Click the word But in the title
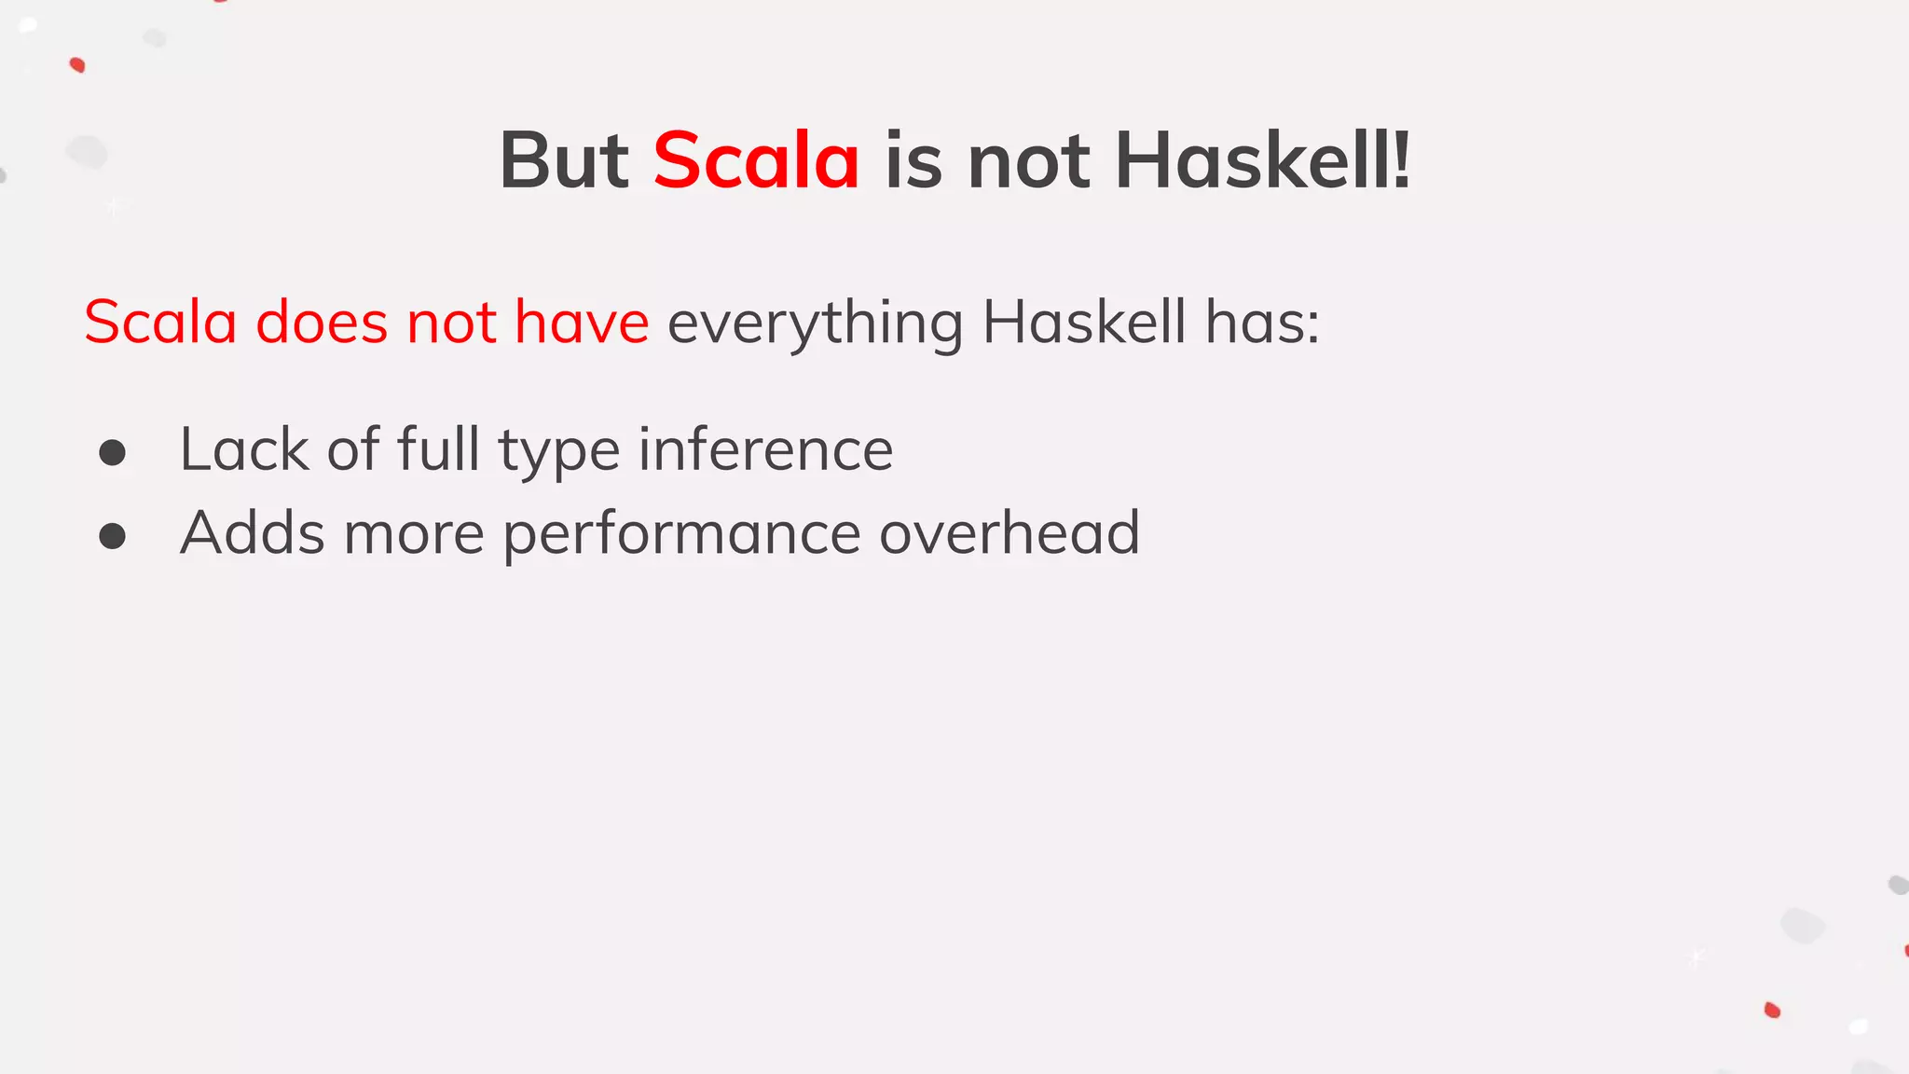[564, 160]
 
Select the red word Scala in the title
[756, 160]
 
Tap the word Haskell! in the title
[1263, 160]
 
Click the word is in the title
[913, 160]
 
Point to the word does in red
[322, 323]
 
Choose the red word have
[582, 323]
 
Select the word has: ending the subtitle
[1262, 323]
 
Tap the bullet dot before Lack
[113, 453]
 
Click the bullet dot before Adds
[113, 536]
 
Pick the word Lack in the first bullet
[244, 449]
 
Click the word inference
[765, 449]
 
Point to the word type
[559, 451]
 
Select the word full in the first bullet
[438, 449]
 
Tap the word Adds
[253, 533]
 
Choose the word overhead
[1009, 533]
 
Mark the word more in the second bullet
[414, 533]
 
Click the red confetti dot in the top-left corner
[77, 64]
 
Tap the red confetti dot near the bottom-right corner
[1772, 1010]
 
